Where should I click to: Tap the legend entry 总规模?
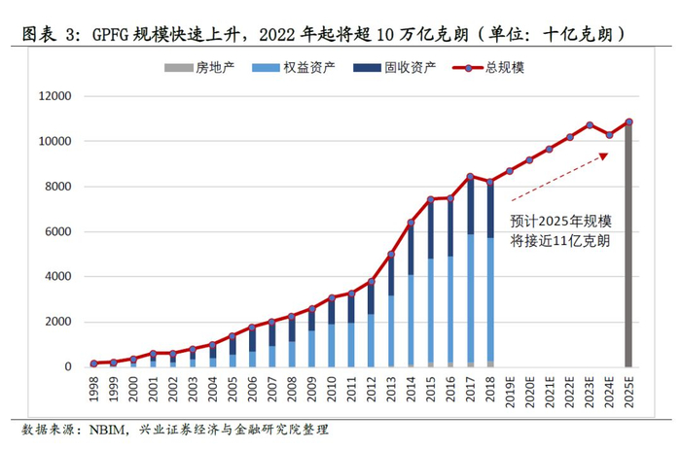coord(495,67)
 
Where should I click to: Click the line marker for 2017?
coord(470,177)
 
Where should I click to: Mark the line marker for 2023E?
coord(590,124)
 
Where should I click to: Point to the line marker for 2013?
coord(391,255)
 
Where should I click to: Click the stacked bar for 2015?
coord(430,283)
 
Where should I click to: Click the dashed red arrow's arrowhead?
coord(608,154)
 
